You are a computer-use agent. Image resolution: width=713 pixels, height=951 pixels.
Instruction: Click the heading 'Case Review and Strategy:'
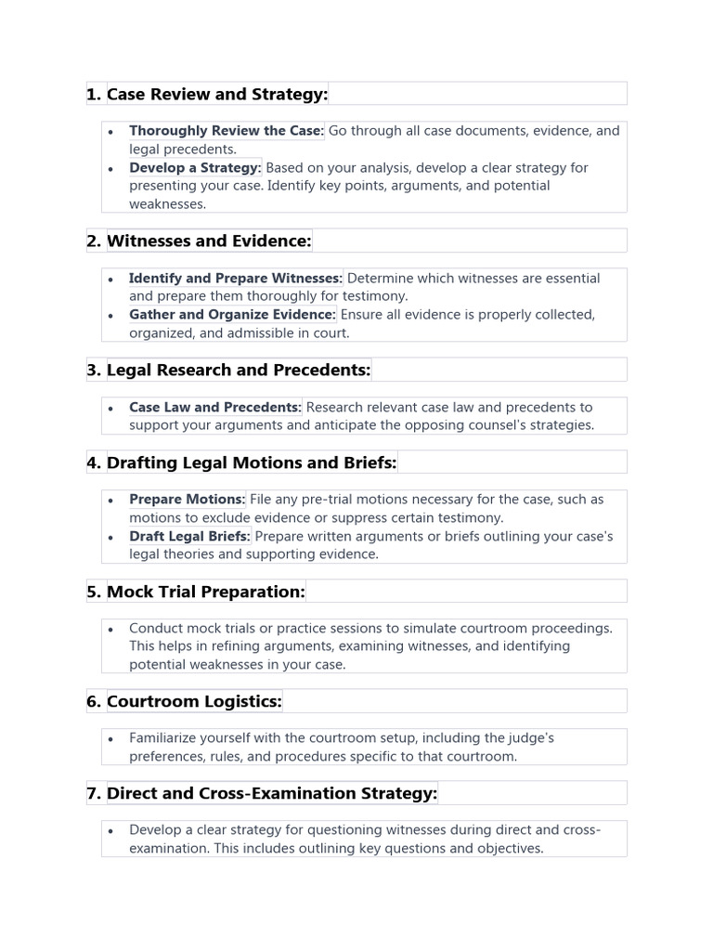click(x=217, y=94)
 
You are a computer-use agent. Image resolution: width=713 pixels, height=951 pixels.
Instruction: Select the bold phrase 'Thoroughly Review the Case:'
click(x=227, y=131)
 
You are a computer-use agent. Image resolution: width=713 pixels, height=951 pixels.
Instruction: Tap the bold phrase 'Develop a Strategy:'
click(x=195, y=168)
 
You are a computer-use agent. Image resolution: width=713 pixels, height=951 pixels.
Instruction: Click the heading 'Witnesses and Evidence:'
click(x=209, y=241)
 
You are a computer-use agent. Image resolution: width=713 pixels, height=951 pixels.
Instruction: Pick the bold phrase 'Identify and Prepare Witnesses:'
click(x=236, y=279)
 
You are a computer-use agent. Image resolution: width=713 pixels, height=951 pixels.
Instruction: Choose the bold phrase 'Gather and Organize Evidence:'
click(x=232, y=315)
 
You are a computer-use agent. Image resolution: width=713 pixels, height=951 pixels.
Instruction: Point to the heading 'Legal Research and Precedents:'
click(x=239, y=371)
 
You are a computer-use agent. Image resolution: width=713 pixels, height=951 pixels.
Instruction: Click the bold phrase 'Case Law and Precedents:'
click(x=215, y=407)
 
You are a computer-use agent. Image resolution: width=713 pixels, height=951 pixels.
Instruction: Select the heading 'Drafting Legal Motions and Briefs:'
click(x=252, y=462)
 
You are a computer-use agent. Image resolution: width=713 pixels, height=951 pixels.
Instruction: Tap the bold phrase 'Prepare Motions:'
click(x=188, y=500)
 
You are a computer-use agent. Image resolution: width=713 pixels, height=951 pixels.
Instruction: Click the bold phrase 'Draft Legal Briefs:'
click(x=189, y=536)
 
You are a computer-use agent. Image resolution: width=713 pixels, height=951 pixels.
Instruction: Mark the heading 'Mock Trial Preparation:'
click(x=205, y=592)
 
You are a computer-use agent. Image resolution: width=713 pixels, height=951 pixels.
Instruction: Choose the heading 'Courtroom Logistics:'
click(x=194, y=701)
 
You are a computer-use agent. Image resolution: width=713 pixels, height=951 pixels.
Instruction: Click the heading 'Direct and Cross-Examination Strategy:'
click(x=272, y=793)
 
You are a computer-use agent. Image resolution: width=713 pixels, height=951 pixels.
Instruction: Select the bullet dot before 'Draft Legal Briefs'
click(x=110, y=537)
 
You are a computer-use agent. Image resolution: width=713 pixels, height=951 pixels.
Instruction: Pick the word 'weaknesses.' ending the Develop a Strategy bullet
click(x=167, y=204)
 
